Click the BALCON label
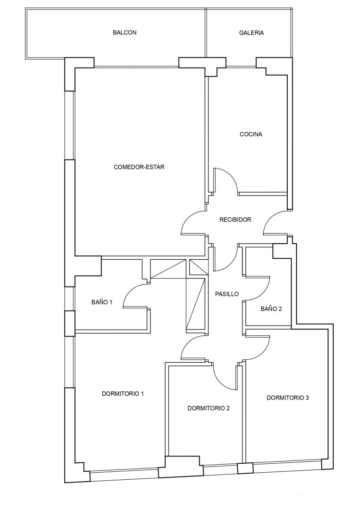[125, 33]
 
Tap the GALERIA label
[251, 33]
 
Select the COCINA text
[251, 134]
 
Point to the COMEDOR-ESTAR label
[139, 167]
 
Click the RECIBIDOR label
[235, 220]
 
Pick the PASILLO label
[227, 294]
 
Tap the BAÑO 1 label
[102, 302]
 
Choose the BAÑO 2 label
[271, 309]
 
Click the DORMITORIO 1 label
[123, 393]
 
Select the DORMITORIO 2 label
[209, 408]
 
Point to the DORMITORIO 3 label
[288, 398]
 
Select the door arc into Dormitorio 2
[221, 382]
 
